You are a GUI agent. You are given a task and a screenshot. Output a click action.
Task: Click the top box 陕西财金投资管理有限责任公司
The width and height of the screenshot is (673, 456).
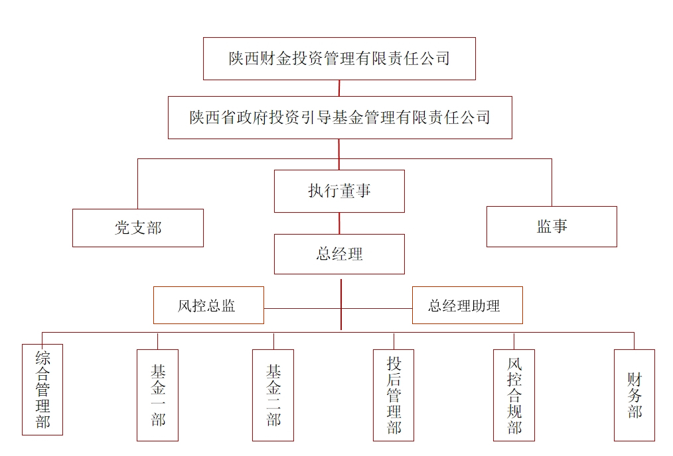[339, 59]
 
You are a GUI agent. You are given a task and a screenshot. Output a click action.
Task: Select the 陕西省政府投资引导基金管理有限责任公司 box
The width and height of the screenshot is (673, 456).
[339, 117]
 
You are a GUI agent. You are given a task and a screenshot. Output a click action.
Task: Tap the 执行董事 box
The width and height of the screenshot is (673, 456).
[339, 191]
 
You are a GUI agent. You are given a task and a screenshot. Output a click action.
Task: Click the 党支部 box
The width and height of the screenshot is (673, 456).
[137, 228]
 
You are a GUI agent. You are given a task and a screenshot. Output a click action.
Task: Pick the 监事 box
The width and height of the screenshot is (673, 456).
[552, 227]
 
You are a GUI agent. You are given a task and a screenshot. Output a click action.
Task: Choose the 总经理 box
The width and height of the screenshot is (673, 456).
[339, 254]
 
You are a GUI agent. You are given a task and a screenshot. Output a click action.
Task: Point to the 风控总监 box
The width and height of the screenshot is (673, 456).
[208, 306]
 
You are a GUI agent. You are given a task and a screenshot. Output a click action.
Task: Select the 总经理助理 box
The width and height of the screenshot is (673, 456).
[467, 306]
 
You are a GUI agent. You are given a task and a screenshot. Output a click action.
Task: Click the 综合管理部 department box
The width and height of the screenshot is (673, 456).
[42, 389]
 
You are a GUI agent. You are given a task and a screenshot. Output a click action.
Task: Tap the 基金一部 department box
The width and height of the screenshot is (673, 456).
[157, 395]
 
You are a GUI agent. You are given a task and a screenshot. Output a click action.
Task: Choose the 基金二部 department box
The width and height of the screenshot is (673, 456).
[273, 395]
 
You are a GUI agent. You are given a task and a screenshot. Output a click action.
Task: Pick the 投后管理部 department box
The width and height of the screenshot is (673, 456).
[394, 395]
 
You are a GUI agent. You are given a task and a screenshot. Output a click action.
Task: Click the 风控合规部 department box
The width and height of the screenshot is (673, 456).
[514, 395]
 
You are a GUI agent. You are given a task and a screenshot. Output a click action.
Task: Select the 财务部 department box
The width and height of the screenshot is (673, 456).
[634, 395]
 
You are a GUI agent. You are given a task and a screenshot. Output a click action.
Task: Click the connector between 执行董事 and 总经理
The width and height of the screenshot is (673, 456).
[339, 223]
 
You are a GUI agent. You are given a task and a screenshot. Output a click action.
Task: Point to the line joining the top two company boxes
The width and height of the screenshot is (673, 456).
[339, 88]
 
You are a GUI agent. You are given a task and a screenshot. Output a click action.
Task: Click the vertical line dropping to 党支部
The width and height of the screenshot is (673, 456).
[137, 184]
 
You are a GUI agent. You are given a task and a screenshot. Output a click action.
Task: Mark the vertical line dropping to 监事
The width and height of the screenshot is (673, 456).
[552, 182]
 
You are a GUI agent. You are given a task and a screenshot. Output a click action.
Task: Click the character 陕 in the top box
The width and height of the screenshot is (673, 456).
[237, 59]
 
